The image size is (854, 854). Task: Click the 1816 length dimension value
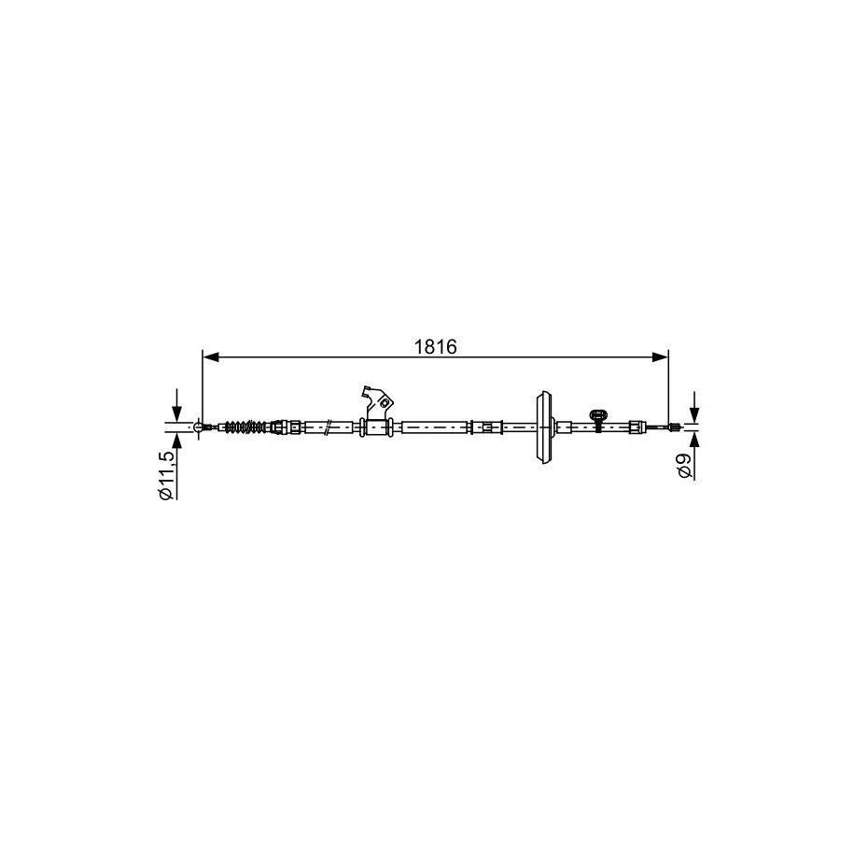pyautogui.click(x=435, y=346)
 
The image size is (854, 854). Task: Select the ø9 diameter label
pyautogui.click(x=685, y=466)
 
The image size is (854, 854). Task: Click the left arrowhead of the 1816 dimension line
pyautogui.click(x=210, y=357)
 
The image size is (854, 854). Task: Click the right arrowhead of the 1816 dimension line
pyautogui.click(x=660, y=357)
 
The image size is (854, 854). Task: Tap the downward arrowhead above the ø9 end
pyautogui.click(x=693, y=415)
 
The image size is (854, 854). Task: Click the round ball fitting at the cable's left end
pyautogui.click(x=199, y=427)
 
